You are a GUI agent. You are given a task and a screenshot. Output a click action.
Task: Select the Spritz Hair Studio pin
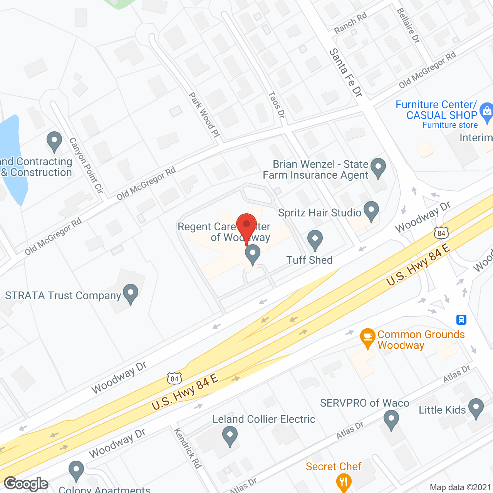371,211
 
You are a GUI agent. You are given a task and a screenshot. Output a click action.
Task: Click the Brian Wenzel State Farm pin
378,168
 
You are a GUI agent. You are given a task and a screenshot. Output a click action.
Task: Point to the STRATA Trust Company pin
131,293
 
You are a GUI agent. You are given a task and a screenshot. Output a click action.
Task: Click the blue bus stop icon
461,319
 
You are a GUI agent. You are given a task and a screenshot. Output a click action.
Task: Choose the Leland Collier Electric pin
230,437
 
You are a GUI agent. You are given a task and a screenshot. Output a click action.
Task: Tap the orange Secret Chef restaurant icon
343,481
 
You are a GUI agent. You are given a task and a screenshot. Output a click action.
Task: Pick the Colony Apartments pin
76,470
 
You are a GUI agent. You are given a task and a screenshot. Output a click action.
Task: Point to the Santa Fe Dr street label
345,72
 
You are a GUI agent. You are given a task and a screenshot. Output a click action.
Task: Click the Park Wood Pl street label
204,115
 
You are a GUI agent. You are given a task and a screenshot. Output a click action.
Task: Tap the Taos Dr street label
277,104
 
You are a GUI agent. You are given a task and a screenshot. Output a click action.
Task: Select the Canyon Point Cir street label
86,165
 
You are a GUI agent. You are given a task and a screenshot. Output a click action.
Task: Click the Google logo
26,484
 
